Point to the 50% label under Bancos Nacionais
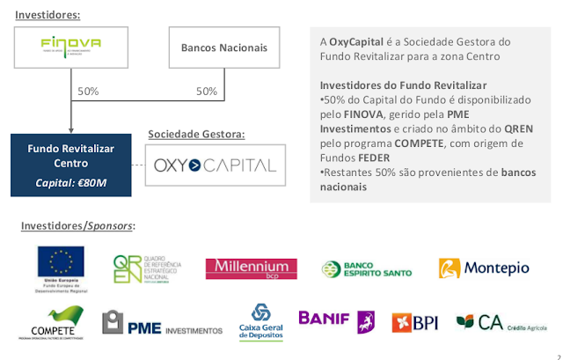(x=206, y=91)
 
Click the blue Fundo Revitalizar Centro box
(x=70, y=163)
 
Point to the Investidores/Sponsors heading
(x=78, y=227)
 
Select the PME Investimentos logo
(x=163, y=324)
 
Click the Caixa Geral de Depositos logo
(x=261, y=323)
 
